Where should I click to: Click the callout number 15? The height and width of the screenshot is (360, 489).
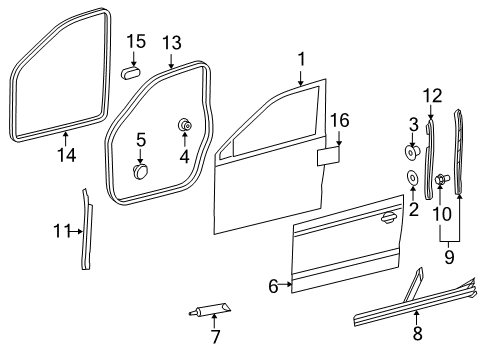coord(136,41)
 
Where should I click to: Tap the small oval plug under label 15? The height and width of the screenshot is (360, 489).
coord(130,72)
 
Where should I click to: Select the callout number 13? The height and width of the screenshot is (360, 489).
coord(172,43)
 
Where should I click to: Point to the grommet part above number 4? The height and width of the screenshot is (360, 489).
coord(185,125)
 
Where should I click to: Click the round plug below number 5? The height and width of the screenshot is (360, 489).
coord(140,171)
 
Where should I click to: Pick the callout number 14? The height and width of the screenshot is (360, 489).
coord(66,155)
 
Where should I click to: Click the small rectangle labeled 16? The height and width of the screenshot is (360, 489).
coord(328,156)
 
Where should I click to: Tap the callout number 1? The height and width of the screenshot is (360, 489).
coord(301,59)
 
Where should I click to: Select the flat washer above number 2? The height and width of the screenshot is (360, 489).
coord(413,178)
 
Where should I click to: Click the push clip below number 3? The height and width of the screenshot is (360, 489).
coord(412,152)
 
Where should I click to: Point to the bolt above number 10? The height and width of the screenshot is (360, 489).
coord(442,179)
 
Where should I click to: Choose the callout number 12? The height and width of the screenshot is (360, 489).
coord(433,96)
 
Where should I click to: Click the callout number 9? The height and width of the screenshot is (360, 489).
coord(449,257)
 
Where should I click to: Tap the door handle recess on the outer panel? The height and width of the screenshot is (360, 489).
coord(389,217)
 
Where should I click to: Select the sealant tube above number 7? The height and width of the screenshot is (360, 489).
coord(209,309)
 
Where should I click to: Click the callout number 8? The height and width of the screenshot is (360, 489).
coord(418,333)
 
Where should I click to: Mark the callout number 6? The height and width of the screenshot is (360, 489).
coord(273,286)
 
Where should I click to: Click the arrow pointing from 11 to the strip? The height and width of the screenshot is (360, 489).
coord(76,231)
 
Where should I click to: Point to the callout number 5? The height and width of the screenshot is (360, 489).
coord(141,140)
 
